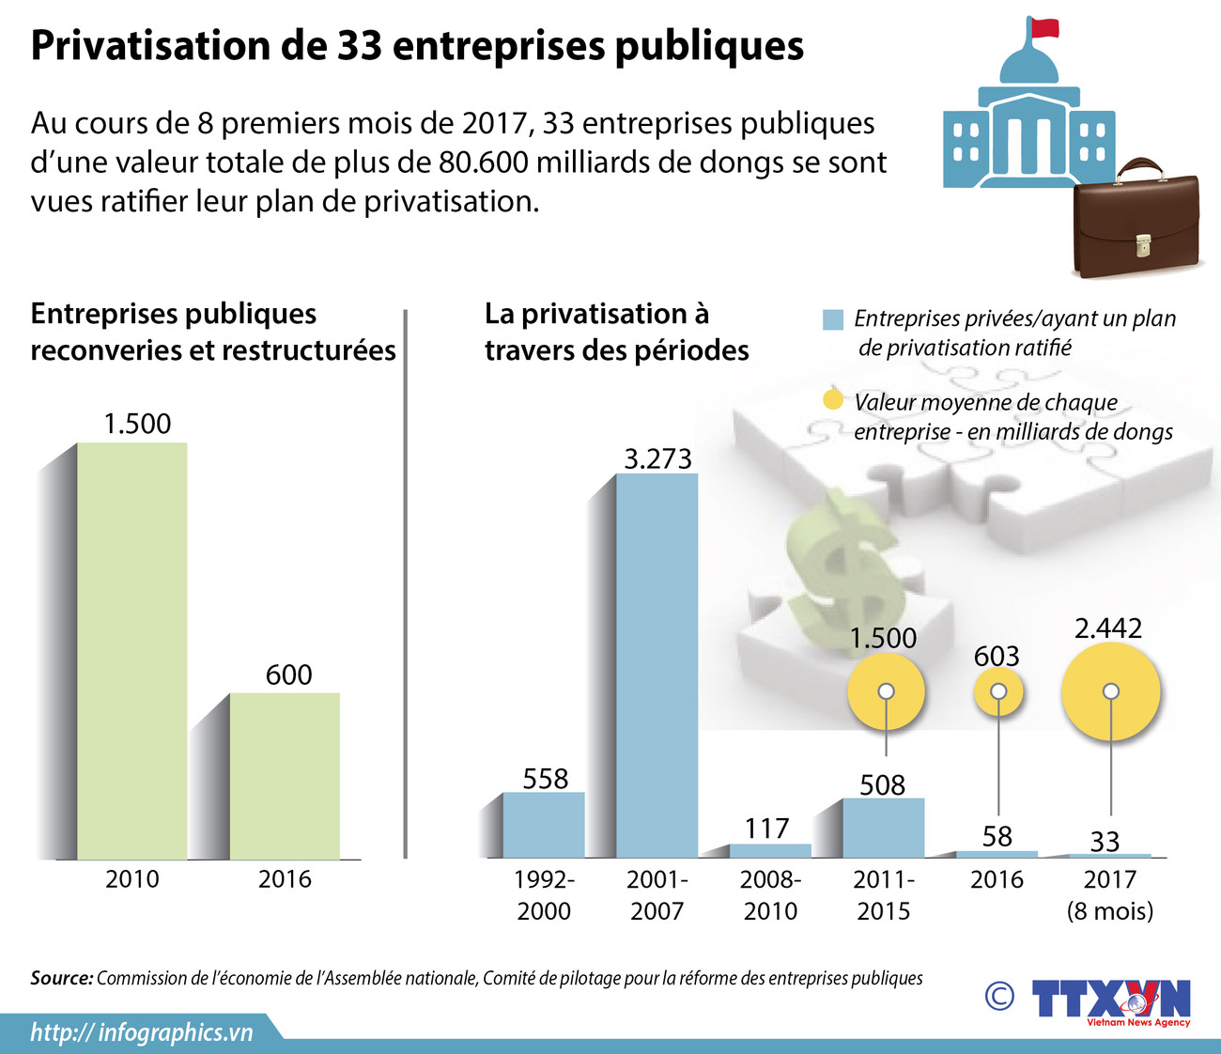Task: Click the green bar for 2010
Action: [131, 650]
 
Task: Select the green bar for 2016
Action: [285, 776]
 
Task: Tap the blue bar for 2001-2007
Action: [657, 665]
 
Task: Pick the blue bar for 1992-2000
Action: [543, 825]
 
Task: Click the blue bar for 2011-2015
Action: [883, 828]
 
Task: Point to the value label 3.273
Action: [657, 458]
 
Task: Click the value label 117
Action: [767, 828]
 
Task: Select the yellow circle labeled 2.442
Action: [1111, 691]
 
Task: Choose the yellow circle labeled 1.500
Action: [886, 692]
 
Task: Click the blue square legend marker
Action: [832, 319]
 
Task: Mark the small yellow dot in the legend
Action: [832, 400]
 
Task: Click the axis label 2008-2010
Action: [770, 894]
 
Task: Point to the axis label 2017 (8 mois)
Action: [1110, 894]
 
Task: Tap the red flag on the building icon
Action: [1043, 27]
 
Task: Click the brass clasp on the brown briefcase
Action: [1143, 245]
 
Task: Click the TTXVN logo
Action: [1110, 999]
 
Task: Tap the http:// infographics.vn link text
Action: [142, 1032]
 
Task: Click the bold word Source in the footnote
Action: [61, 978]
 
